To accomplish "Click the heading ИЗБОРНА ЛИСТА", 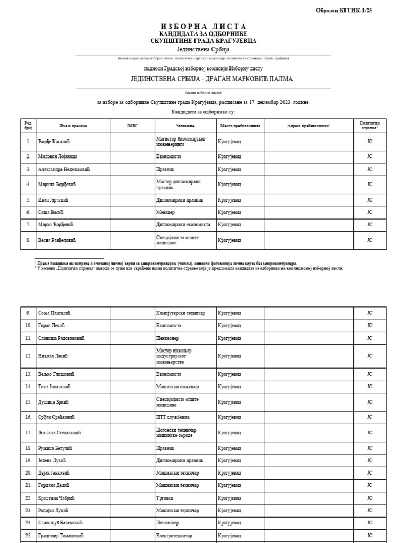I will tap(203, 27).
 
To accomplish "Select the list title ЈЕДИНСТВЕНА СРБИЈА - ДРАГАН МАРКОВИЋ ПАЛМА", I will tap(203, 78).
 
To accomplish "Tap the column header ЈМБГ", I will tap(132, 126).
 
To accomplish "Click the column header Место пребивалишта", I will tap(240, 126).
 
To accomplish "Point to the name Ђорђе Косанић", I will tap(54, 141).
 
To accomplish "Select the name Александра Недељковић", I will tap(64, 169).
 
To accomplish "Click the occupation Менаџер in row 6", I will tap(166, 212).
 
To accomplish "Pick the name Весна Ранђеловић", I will tap(57, 240).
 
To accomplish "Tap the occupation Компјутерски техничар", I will tap(181, 313).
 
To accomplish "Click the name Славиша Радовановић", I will tap(61, 338).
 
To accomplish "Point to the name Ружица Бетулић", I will tap(55, 448).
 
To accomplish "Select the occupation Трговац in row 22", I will tap(166, 498).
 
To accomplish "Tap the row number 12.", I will tap(28, 355).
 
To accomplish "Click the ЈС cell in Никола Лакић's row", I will tap(370, 355).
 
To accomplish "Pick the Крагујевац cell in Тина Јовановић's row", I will tap(229, 386).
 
